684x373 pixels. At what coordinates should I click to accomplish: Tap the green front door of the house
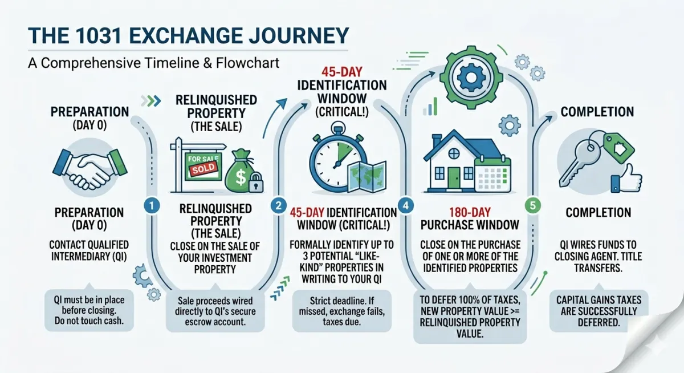(x=454, y=177)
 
